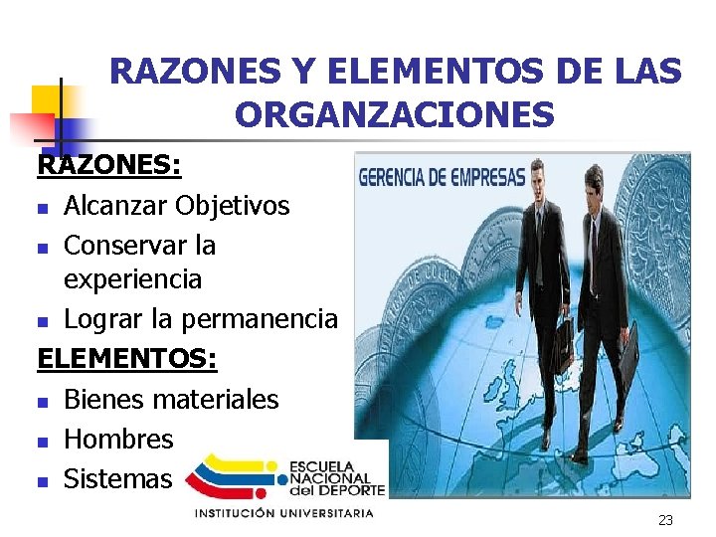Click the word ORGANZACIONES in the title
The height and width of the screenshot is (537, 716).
395,115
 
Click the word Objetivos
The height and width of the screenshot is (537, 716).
232,206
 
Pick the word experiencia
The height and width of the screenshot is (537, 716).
132,279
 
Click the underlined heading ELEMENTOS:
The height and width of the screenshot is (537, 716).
126,358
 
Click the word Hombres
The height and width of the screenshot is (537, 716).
118,439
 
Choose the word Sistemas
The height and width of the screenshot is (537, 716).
117,478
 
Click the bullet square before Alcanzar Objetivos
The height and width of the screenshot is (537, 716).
42,209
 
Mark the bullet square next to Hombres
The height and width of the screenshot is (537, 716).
42,442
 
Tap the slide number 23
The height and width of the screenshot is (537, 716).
665,520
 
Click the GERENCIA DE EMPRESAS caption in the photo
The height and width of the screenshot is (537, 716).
455,178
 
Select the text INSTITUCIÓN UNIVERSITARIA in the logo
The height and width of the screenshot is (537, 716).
283,513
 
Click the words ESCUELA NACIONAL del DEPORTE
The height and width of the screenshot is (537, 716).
336,478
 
